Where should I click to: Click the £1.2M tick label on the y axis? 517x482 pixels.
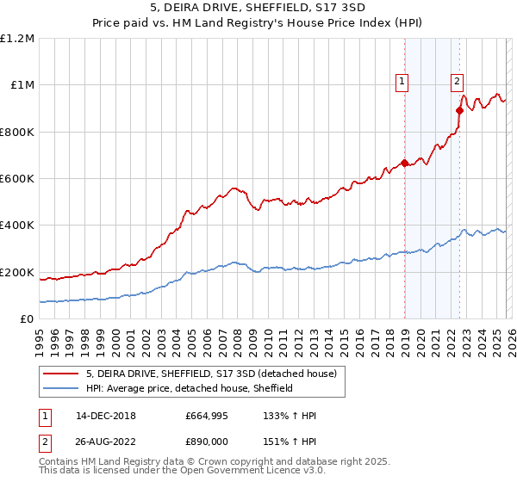(17, 39)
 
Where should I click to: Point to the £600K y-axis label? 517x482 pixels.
(17, 179)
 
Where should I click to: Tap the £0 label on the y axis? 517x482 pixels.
(28, 319)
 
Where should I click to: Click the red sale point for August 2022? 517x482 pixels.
(460, 110)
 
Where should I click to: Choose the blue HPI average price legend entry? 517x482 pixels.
(190, 388)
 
